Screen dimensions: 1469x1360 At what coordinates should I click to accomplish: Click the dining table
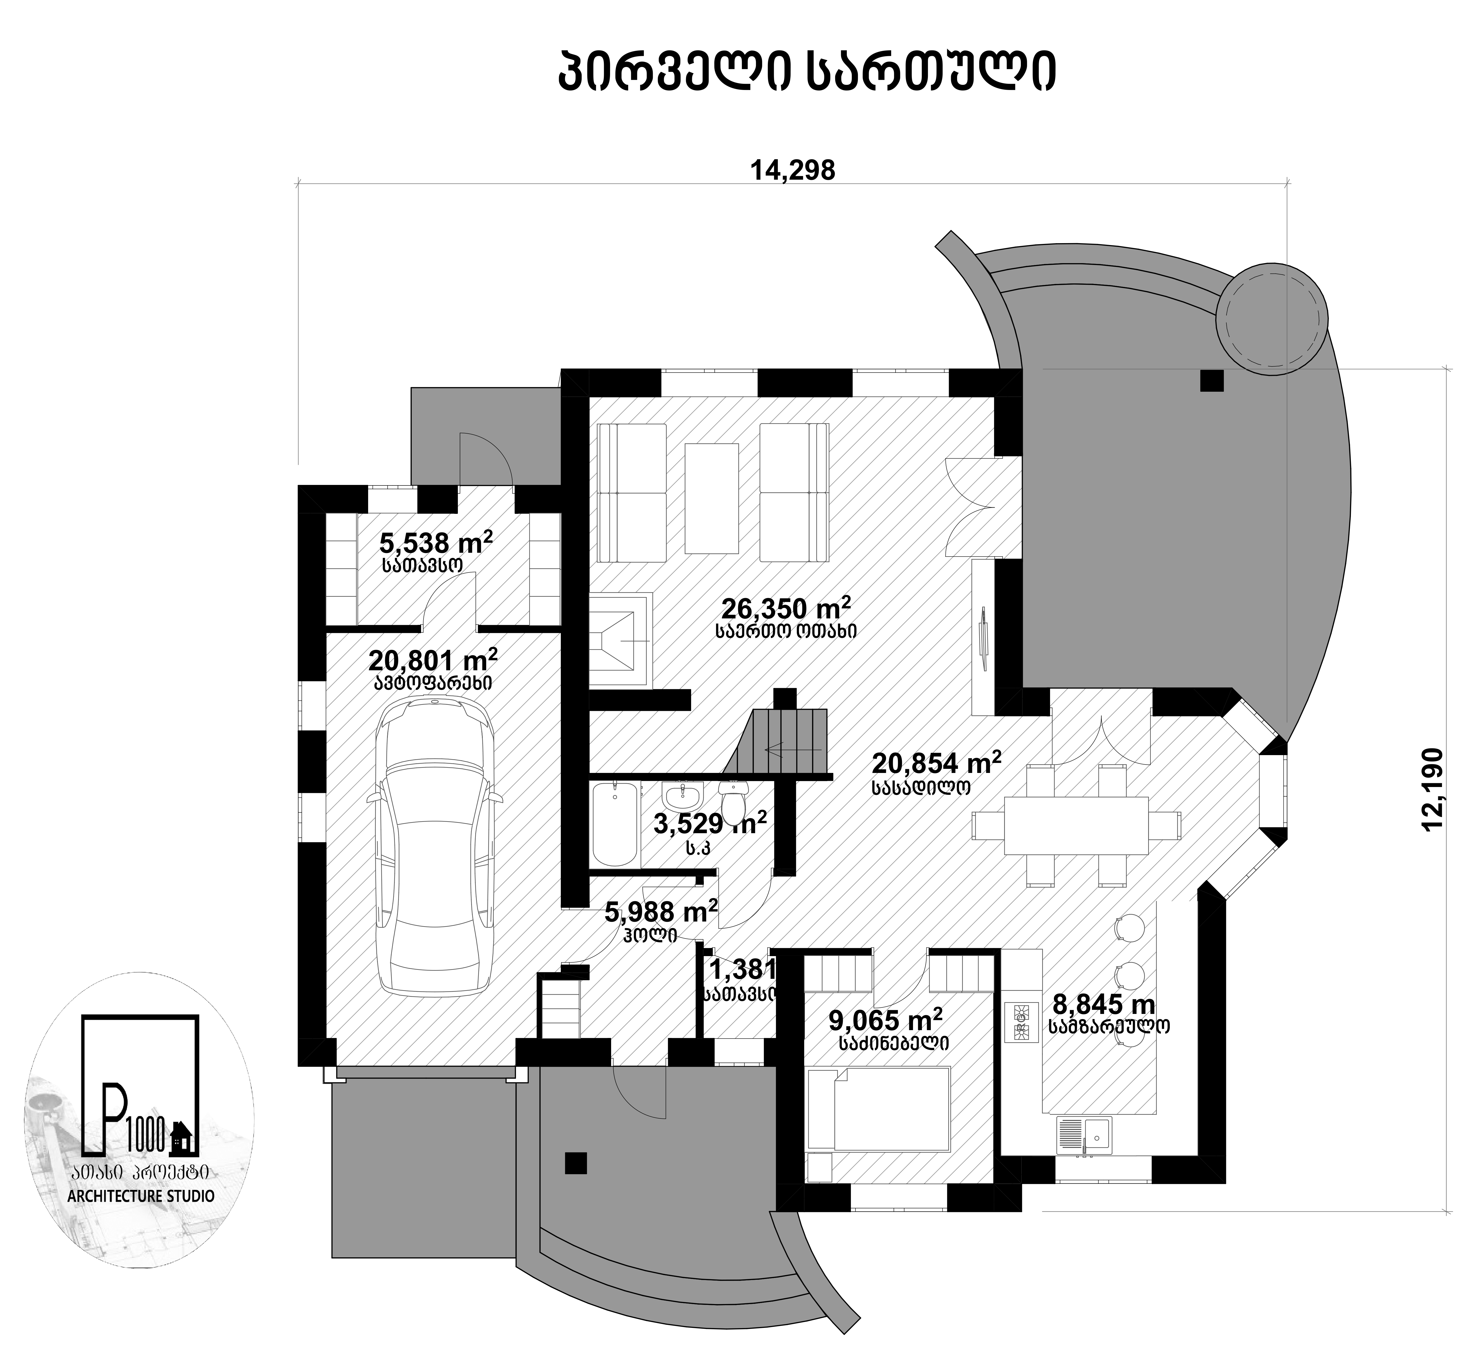[x=1076, y=825]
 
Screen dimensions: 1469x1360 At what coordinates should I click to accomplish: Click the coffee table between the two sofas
[x=711, y=498]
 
